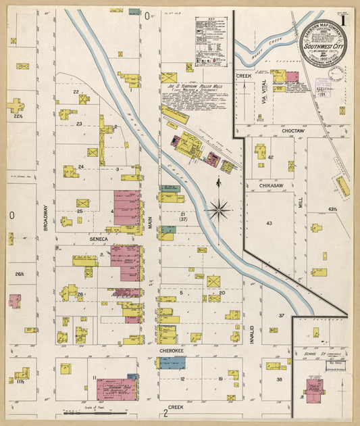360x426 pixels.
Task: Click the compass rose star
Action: [x=218, y=210]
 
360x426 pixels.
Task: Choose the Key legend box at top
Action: [x=211, y=41]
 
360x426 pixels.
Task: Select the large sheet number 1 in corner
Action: [x=344, y=20]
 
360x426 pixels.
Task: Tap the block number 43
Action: [x=269, y=222]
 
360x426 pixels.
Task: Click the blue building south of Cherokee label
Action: [x=172, y=363]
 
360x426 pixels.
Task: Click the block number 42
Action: [x=270, y=157]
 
